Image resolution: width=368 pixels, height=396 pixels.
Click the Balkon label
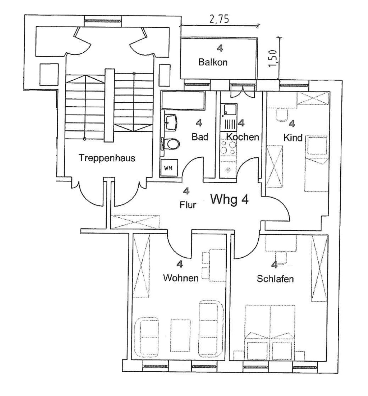[x=213, y=62]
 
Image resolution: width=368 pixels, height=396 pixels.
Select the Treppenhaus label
[x=107, y=158]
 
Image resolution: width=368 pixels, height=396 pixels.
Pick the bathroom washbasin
[x=171, y=122]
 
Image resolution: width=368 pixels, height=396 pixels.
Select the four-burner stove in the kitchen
[x=228, y=147]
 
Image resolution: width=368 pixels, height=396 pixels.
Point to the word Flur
[x=188, y=205]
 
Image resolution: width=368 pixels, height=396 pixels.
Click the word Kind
[x=293, y=137]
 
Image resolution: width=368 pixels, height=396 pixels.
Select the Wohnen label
[x=181, y=278]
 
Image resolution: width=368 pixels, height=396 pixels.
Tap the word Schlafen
[x=275, y=279]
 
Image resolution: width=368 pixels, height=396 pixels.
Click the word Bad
[x=200, y=137]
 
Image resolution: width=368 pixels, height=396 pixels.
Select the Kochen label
[x=242, y=137]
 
